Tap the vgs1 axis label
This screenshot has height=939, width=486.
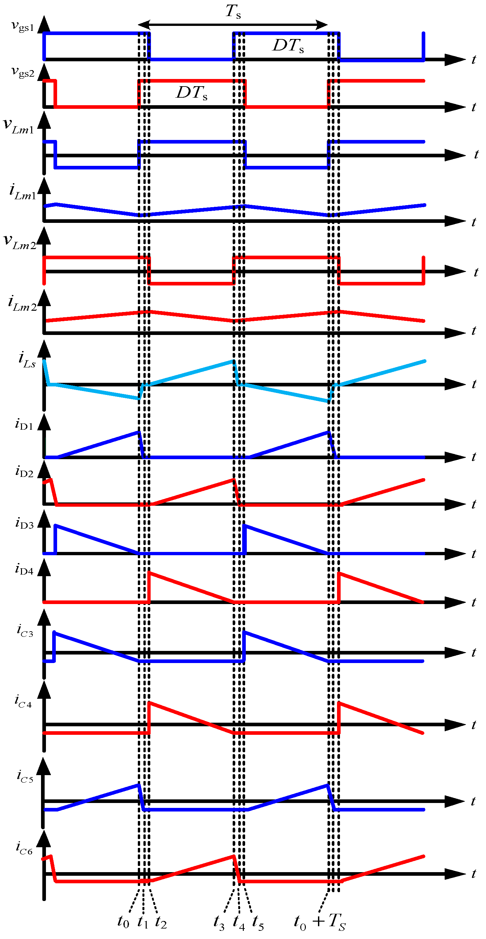click(x=23, y=26)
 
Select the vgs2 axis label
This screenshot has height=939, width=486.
click(x=23, y=72)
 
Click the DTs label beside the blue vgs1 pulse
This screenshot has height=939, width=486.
click(x=288, y=46)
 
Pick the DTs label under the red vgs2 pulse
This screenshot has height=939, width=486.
click(x=192, y=93)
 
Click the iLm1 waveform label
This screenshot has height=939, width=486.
click(x=22, y=192)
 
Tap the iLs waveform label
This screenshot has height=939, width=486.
click(x=27, y=360)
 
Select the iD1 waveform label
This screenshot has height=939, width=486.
click(x=24, y=425)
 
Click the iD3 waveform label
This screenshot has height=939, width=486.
click(x=24, y=523)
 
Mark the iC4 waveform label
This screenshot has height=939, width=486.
click(x=23, y=701)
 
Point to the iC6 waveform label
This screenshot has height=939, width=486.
click(x=24, y=848)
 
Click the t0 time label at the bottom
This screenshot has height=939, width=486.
click(x=123, y=922)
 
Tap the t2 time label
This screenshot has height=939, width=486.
click(x=160, y=922)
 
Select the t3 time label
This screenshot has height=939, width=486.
click(x=219, y=922)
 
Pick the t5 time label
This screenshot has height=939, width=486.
click(x=258, y=923)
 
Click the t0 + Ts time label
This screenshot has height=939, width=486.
click(x=319, y=922)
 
